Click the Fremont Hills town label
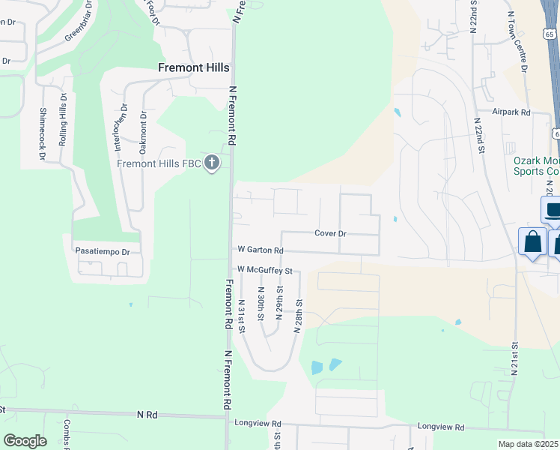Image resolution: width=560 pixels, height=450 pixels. point(193,67)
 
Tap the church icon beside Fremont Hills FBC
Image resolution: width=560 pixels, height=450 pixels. point(212,163)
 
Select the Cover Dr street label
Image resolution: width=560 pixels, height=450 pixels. point(330,233)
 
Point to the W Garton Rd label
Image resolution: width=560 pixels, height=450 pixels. point(261,250)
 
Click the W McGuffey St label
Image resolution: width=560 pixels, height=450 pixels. point(264,269)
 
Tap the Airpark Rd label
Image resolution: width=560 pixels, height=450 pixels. point(511,112)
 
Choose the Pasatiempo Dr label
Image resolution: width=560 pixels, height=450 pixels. point(103,252)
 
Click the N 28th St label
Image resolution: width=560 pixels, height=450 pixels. point(297,315)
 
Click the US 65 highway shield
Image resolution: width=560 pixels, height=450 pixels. point(551,34)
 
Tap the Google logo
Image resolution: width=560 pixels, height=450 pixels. point(25,440)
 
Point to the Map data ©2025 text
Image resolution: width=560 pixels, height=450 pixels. point(529,444)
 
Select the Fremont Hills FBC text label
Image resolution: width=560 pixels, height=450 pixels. point(159,163)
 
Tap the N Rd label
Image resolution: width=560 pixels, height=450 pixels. point(147,414)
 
